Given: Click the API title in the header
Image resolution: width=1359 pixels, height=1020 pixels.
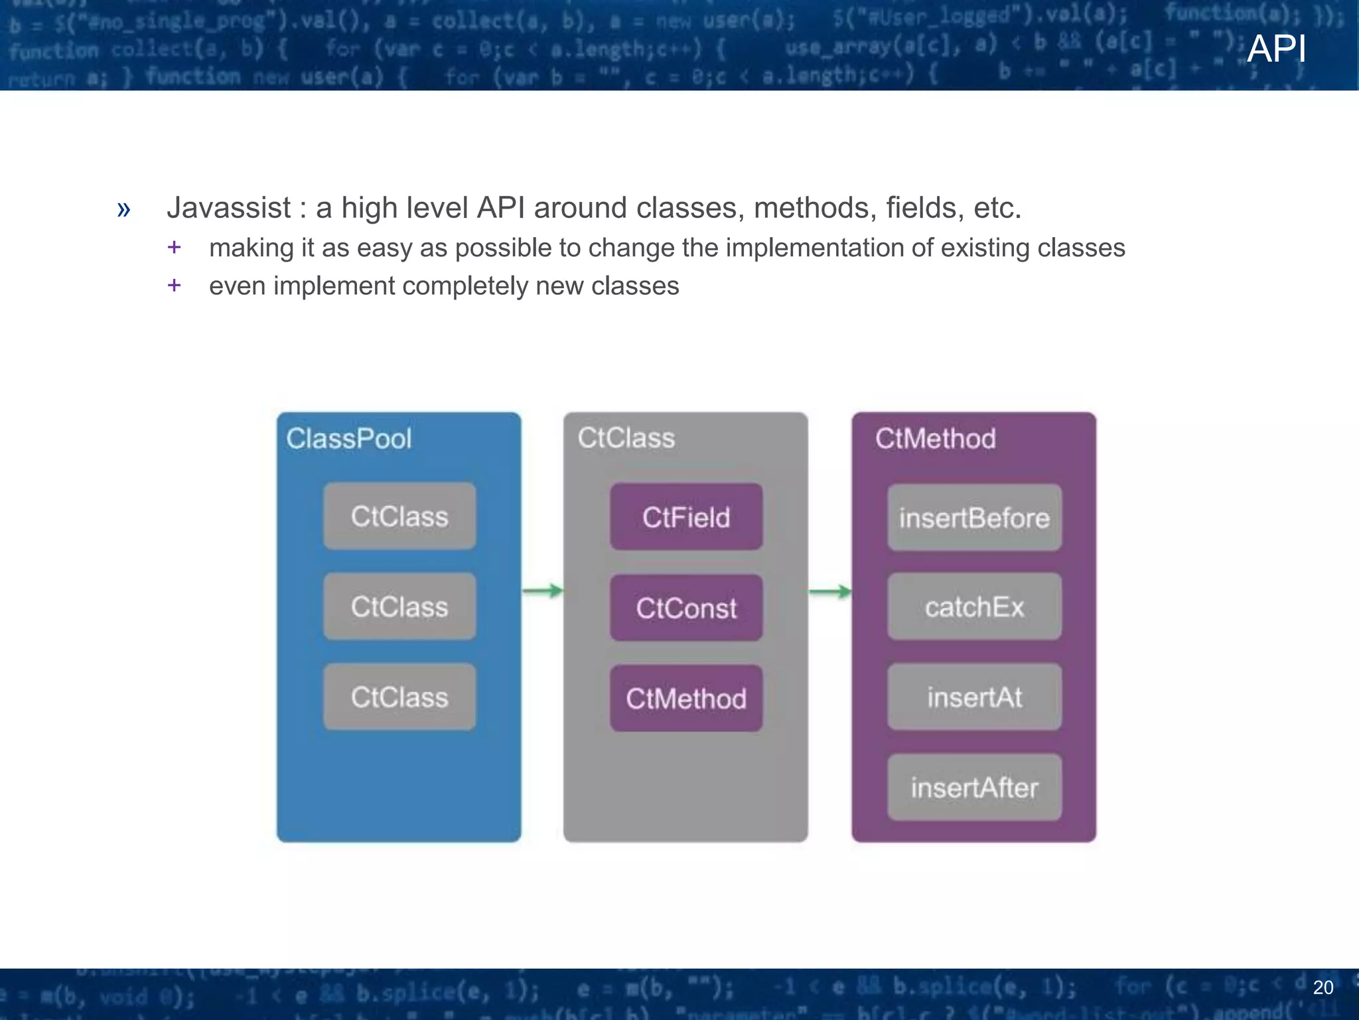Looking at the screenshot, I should pos(1276,49).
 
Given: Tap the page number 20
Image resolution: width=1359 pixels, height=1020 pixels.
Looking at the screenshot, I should pos(1323,987).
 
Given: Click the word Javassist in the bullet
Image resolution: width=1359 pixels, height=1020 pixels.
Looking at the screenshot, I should pos(228,208).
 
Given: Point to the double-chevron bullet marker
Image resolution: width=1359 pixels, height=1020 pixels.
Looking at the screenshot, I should pos(123,209).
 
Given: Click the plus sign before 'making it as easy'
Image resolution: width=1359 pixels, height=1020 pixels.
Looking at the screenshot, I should pos(174,248).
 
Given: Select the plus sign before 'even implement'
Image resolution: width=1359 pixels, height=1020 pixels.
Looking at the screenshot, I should pos(174,286).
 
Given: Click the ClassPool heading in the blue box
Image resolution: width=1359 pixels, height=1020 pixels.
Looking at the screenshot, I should pos(348,439).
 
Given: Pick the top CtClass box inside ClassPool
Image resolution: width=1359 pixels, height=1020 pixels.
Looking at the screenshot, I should pos(399,517).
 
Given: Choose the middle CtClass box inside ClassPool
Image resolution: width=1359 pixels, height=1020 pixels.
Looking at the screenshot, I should pos(399,607).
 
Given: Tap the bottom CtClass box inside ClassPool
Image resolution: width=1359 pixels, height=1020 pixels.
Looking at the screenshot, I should pos(399,697).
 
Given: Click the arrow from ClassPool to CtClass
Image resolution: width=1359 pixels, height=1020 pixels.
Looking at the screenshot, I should pos(542,590).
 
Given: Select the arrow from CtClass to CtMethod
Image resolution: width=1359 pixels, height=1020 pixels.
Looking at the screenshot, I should pos(829,591).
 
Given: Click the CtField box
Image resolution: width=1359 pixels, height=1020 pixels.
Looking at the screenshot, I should pos(686,517).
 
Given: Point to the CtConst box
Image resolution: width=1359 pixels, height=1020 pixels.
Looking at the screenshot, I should pos(686,608).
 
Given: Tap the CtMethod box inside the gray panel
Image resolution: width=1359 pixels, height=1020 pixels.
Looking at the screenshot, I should pos(686,699).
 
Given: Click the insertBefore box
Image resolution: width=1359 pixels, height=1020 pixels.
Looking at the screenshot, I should pos(974,518).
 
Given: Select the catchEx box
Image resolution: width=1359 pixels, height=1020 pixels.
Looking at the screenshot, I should pos(974,607).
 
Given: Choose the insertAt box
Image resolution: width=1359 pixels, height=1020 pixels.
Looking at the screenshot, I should pos(974,697).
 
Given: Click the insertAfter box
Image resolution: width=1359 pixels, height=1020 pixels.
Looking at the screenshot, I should pos(974,788).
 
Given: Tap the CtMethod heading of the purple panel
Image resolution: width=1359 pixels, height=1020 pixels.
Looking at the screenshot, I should pos(935,439).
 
